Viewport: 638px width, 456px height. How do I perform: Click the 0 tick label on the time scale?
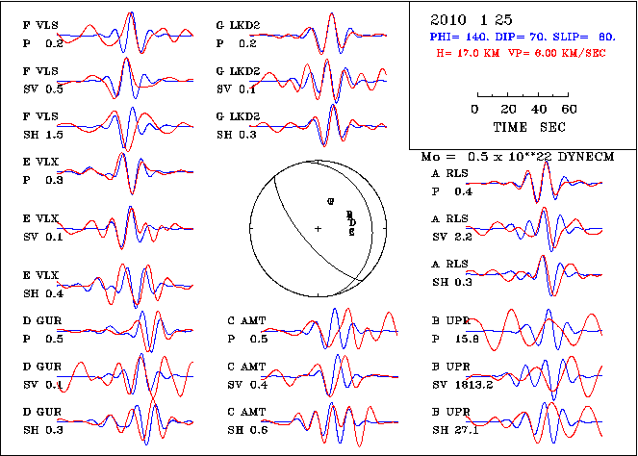pos(476,111)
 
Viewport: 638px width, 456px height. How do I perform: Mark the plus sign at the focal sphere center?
pos(318,228)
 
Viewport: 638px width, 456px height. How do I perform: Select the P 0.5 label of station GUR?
pos(42,339)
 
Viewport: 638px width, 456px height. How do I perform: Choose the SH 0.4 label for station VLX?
pos(42,292)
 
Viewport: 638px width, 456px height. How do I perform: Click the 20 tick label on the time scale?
pos(506,111)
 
